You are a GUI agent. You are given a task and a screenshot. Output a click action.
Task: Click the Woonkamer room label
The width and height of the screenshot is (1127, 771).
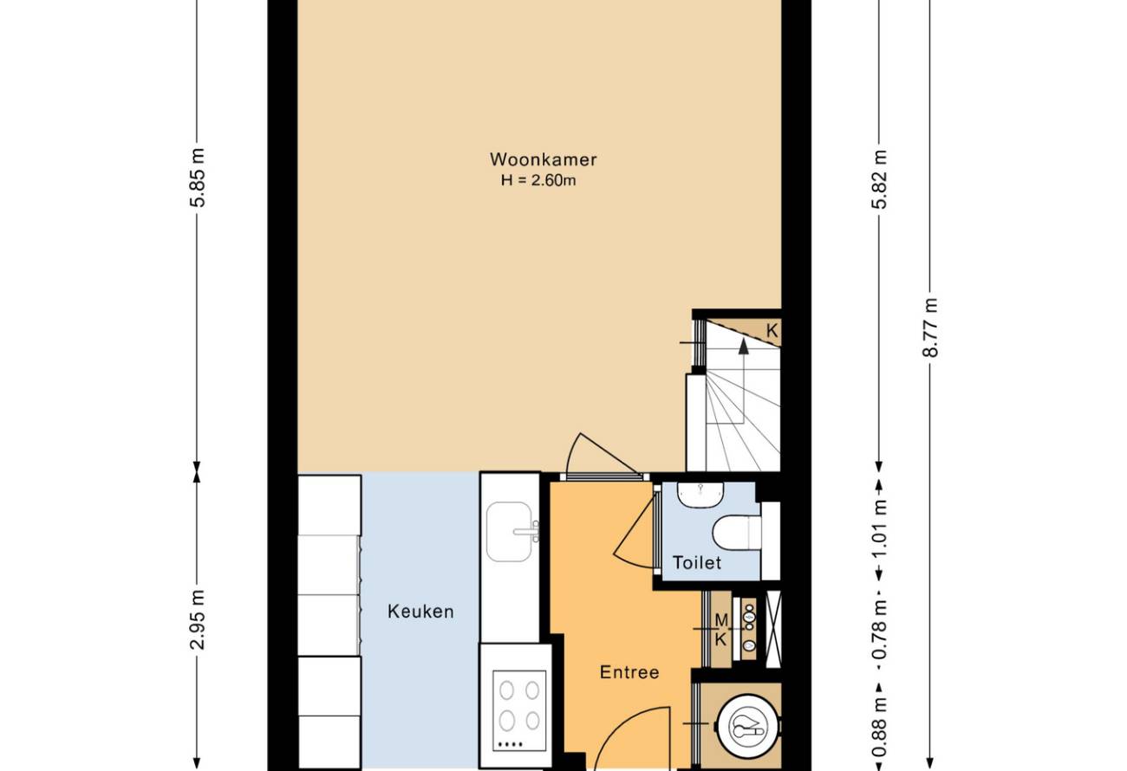[x=544, y=159]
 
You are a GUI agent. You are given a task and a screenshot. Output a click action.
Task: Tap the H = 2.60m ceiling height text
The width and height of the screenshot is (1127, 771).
[x=538, y=180]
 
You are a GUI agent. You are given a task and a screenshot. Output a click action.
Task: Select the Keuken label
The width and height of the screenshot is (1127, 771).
[x=420, y=612]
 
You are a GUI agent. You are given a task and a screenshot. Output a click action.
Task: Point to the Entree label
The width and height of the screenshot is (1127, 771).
[x=629, y=672]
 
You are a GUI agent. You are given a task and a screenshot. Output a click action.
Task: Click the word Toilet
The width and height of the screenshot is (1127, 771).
[x=697, y=563]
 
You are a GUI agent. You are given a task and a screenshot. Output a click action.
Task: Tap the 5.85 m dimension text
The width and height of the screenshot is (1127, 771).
[x=198, y=178]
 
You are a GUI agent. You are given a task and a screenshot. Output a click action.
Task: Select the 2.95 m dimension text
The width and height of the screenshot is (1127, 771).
[x=198, y=619]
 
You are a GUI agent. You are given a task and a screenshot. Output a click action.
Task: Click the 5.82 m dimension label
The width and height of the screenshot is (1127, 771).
[x=879, y=179]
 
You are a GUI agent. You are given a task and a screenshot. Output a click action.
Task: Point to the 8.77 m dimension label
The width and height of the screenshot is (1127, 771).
[x=929, y=327]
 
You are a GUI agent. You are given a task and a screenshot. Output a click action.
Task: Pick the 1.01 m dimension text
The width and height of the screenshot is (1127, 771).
[x=879, y=529]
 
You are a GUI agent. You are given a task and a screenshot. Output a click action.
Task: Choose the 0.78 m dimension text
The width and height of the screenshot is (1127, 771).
[x=879, y=630]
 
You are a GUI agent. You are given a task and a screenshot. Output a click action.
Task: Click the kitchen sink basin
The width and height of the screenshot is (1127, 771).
[x=509, y=531]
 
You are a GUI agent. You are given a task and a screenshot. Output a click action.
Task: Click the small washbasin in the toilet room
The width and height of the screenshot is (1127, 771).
[x=700, y=495]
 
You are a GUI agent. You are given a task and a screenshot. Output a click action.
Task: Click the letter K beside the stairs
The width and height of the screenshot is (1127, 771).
[x=772, y=331]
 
